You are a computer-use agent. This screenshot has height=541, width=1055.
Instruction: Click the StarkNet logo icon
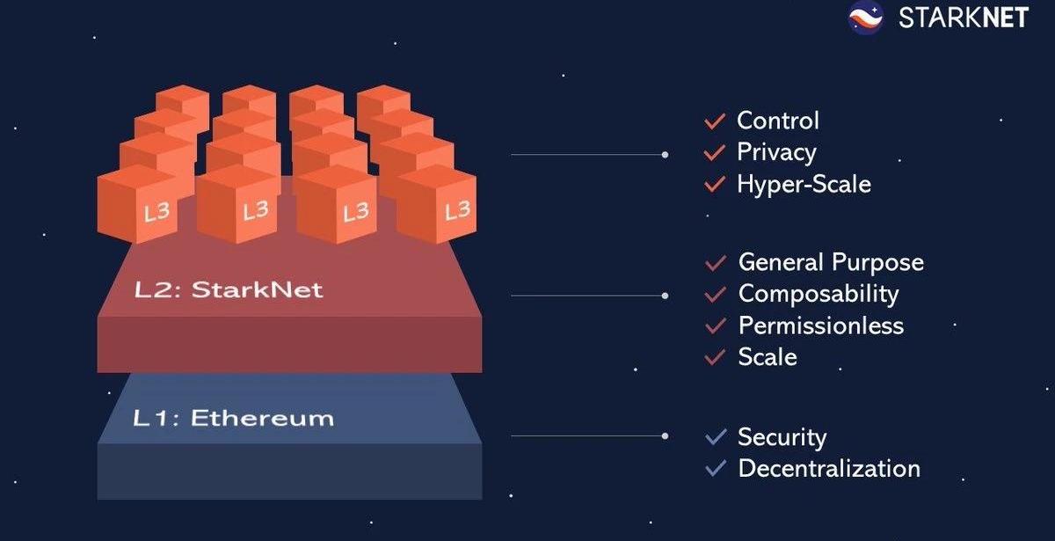tap(865, 18)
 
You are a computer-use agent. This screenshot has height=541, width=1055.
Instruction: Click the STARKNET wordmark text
tap(963, 18)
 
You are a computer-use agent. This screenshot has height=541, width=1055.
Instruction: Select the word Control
tap(777, 121)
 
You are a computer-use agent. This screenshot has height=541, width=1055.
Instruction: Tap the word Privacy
tap(776, 152)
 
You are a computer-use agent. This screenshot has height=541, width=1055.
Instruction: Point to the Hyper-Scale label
tap(804, 184)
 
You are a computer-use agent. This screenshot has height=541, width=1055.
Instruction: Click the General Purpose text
tap(831, 262)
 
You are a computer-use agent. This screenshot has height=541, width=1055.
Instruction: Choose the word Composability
tap(819, 294)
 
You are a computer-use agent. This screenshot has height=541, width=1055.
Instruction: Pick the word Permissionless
tap(820, 325)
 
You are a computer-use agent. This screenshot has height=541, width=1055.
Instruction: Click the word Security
tap(782, 437)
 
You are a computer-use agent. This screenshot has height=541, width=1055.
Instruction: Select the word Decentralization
tap(829, 468)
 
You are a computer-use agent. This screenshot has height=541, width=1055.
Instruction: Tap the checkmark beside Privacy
tap(715, 152)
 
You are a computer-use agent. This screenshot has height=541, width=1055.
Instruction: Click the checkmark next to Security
tap(716, 437)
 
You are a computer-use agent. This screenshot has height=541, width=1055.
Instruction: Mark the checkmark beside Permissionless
tap(716, 325)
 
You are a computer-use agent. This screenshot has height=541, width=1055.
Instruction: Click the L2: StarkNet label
tap(228, 289)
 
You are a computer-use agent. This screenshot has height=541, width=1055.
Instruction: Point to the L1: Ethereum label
tap(233, 418)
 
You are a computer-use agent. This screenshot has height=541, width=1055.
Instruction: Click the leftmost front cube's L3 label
tap(156, 212)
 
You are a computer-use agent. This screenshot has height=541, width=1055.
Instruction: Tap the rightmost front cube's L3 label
tap(457, 210)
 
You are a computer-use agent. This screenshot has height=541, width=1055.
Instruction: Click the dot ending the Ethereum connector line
tap(665, 435)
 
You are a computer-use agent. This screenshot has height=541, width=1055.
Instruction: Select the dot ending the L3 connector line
tap(665, 155)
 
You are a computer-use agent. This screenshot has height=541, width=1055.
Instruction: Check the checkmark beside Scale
tap(716, 357)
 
